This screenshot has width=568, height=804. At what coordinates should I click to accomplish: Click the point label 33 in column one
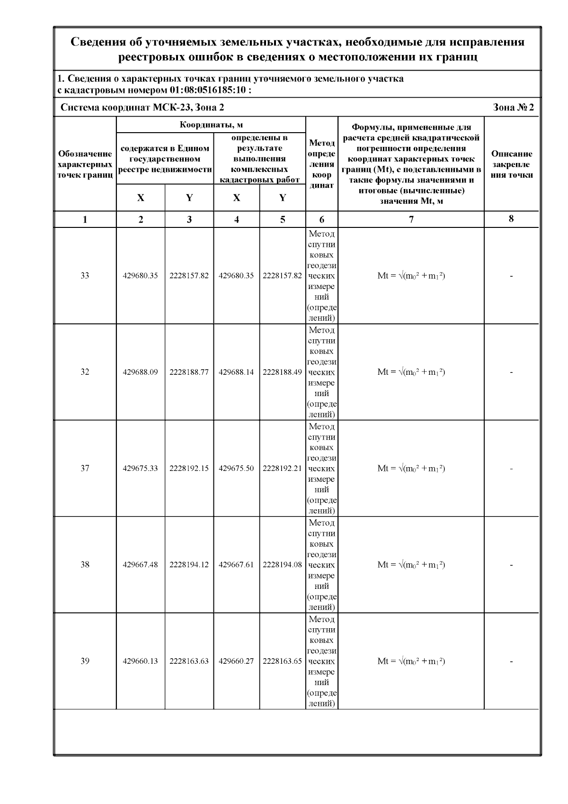(x=85, y=276)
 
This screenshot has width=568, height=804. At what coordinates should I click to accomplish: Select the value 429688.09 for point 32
(x=140, y=372)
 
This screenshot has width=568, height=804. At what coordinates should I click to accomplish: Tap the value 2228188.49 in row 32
(x=282, y=372)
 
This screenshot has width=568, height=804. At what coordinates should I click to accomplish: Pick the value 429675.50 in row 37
(x=236, y=469)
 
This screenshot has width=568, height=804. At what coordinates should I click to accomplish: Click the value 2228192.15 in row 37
(x=189, y=469)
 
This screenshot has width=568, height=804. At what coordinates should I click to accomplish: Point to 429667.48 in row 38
(x=140, y=565)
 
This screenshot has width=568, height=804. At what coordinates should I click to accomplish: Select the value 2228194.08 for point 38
(x=282, y=565)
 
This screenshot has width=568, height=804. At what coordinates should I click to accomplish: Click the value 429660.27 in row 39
(x=236, y=661)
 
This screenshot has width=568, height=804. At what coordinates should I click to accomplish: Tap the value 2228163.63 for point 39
(x=189, y=661)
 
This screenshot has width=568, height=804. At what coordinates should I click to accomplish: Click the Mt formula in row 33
(x=411, y=276)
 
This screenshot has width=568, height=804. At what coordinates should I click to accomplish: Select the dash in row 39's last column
(x=511, y=661)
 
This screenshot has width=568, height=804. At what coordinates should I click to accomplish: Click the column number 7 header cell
(x=411, y=219)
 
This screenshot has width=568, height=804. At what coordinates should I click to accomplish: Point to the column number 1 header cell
(x=85, y=219)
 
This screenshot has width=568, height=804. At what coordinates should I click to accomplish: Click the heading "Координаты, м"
(x=211, y=125)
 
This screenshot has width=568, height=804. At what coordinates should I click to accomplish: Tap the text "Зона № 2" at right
(x=513, y=108)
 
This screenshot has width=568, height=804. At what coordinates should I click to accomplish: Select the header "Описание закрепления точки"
(x=511, y=164)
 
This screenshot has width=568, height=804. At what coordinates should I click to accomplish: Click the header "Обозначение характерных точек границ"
(x=85, y=164)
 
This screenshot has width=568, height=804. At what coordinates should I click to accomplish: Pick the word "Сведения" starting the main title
(x=98, y=42)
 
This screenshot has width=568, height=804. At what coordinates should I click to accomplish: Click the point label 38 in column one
(x=85, y=565)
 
